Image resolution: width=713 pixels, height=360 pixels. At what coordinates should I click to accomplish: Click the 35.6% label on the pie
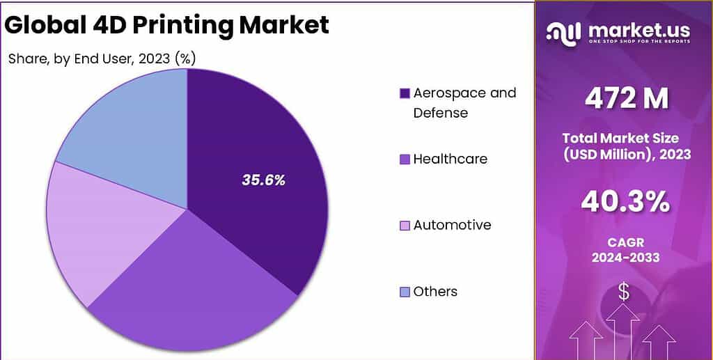(263, 180)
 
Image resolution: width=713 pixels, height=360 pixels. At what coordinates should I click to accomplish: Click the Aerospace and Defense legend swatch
(405, 93)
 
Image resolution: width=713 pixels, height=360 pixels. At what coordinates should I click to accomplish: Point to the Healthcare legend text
(450, 159)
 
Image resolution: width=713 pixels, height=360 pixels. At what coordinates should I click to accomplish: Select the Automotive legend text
(452, 225)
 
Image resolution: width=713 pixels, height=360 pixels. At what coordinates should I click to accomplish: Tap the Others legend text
(435, 291)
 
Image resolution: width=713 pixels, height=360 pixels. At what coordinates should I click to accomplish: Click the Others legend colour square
(405, 292)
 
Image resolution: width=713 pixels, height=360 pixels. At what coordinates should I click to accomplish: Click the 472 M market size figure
(626, 98)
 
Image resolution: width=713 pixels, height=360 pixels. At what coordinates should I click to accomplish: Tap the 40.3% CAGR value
(625, 203)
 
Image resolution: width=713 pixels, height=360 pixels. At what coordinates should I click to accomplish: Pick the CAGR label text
(625, 242)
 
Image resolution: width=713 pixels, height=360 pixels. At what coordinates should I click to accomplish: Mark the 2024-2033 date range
(625, 258)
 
